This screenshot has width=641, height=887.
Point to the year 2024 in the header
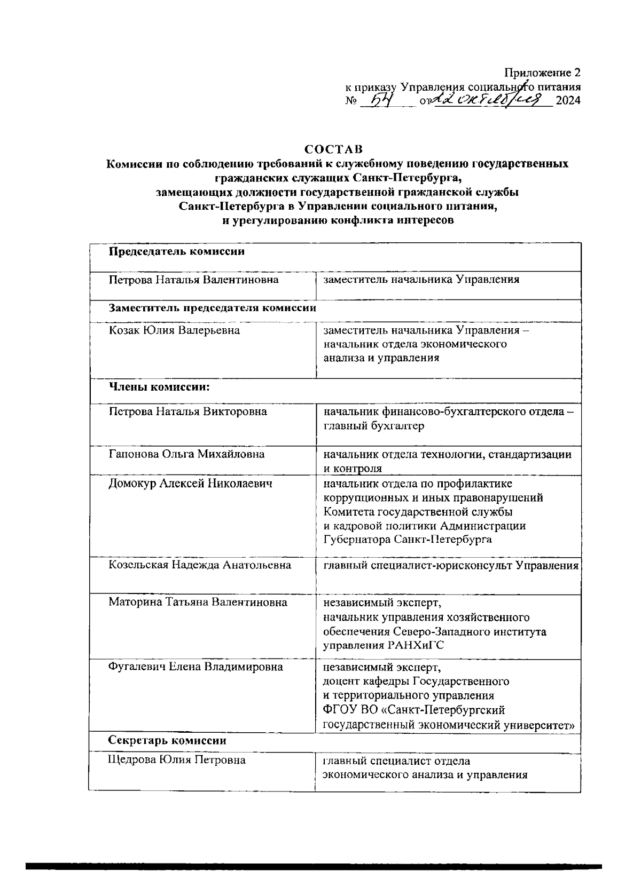568,100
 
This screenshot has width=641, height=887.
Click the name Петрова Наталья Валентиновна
193,279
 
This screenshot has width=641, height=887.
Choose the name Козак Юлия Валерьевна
174,330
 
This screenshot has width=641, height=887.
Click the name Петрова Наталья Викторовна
188,411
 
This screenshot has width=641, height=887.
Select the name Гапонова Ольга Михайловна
186,454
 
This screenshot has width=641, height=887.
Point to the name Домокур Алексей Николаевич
191,484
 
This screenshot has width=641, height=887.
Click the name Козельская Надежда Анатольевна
200,565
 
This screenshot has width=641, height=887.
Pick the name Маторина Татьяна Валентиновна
198,603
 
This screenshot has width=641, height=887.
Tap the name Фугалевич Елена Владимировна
196,667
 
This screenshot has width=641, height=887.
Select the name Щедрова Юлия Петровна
177,760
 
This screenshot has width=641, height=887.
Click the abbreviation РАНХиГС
414,646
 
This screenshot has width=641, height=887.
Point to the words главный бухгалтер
374,426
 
